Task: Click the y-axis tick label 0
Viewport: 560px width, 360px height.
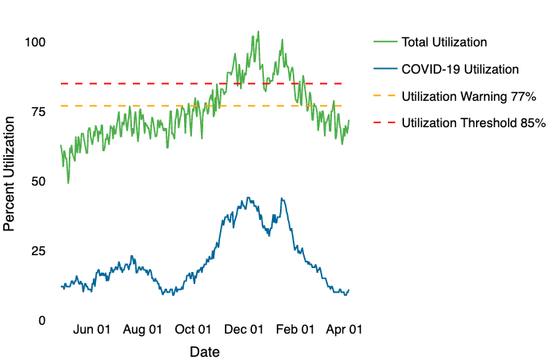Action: pyautogui.click(x=41, y=320)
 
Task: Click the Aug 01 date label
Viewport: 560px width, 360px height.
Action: pyautogui.click(x=143, y=329)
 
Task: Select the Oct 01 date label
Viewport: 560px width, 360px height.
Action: pyautogui.click(x=194, y=329)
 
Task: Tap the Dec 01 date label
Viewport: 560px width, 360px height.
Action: pyautogui.click(x=244, y=329)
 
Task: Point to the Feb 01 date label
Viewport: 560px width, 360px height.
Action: pyautogui.click(x=295, y=329)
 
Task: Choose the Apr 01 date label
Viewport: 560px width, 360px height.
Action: pyautogui.click(x=344, y=329)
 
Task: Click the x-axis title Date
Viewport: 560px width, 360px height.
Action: pyautogui.click(x=205, y=351)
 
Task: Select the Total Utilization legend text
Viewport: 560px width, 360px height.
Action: pyautogui.click(x=444, y=42)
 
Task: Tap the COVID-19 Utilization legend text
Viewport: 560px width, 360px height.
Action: pyautogui.click(x=460, y=69)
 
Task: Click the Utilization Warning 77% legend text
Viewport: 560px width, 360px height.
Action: pyautogui.click(x=467, y=96)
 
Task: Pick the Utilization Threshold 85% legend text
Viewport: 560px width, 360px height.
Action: pyautogui.click(x=473, y=123)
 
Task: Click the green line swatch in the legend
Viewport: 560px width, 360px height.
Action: pyautogui.click(x=384, y=42)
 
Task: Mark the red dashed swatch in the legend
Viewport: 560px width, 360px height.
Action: pyautogui.click(x=384, y=123)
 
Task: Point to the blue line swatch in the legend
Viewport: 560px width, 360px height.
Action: pyautogui.click(x=384, y=69)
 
